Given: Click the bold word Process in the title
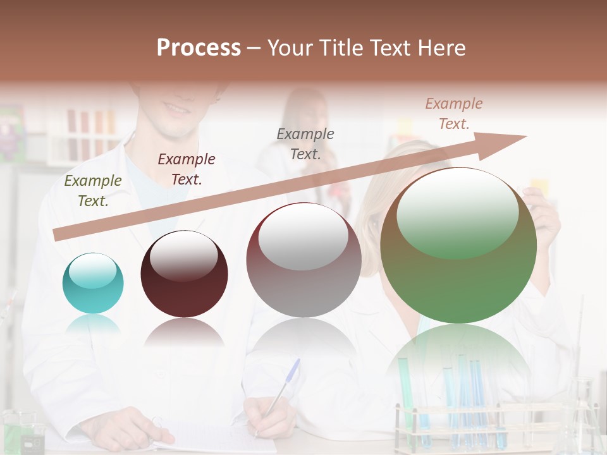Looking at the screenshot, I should pos(199,47).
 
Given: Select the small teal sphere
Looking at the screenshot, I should pos(93,283).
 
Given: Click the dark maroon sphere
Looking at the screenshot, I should pos(184,274).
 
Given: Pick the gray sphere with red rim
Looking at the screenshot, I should pos(303,260).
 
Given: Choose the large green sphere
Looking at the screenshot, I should pos(458,246).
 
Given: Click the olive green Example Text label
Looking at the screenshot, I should pos(93,191).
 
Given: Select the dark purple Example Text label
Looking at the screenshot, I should pos(187,169).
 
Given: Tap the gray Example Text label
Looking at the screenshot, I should pos(305,143).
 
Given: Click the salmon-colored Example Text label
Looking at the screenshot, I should pos(454,114).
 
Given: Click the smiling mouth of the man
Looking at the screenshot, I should pos(177,109).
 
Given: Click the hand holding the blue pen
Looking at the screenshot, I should pos(269,417).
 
